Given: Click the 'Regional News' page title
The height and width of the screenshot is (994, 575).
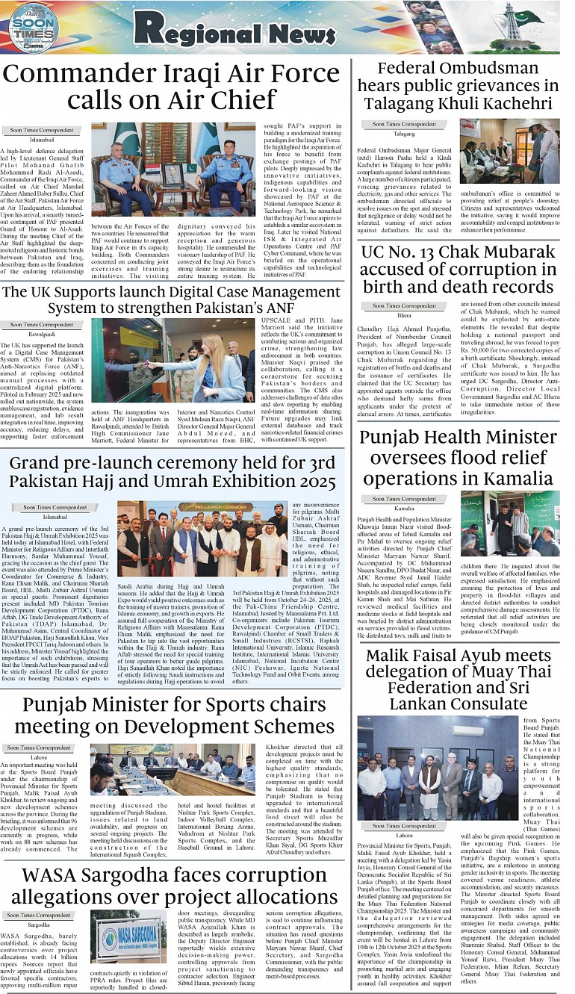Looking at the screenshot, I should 240,29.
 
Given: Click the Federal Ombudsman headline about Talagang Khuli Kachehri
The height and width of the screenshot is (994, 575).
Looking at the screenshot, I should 458,86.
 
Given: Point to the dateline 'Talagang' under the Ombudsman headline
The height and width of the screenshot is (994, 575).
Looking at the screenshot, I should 404,134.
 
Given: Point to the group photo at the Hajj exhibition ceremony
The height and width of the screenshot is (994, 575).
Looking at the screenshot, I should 202,538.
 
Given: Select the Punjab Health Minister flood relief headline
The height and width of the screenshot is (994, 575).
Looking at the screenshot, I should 458,457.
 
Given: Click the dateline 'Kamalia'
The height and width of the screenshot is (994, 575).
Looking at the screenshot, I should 404,508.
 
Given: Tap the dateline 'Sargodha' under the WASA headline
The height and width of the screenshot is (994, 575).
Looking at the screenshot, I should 40,924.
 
